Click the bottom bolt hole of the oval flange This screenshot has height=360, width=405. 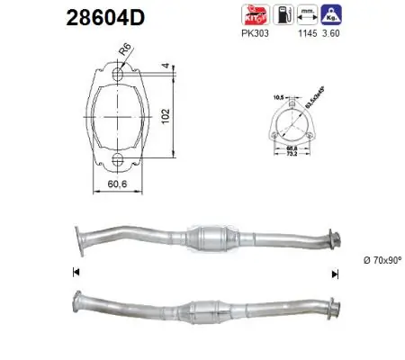pos(117,160)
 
